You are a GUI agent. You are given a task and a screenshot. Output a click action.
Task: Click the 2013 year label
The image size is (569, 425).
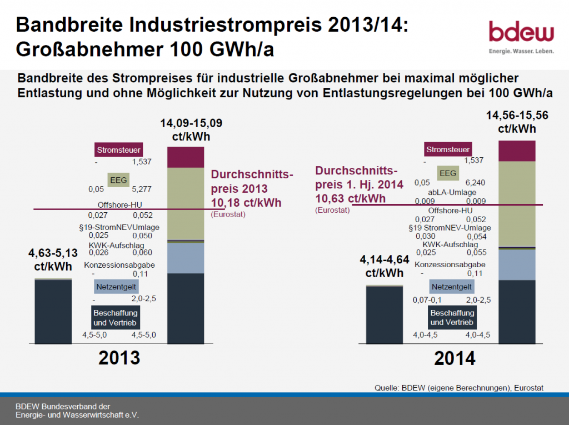tap(119, 357)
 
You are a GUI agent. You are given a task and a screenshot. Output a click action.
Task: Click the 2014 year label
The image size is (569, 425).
tap(455, 358)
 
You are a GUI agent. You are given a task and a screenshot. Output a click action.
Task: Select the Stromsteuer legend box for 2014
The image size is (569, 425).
tap(448, 149)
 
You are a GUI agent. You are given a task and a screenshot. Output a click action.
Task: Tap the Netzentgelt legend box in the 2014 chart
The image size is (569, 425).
tap(451, 287)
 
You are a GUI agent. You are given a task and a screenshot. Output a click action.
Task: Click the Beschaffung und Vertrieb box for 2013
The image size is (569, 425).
tap(116, 317)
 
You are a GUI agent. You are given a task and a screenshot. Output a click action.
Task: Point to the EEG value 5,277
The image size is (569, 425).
tap(142, 189)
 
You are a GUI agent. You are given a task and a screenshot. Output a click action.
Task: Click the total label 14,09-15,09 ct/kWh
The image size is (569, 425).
tap(186, 130)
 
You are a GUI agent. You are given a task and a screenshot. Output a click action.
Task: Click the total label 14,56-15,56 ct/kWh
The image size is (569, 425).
tap(517, 122)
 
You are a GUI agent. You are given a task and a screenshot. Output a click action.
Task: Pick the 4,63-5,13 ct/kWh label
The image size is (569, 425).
tap(53, 258)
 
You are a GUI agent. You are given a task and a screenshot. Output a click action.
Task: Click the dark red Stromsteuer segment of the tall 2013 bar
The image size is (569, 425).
tap(186, 157)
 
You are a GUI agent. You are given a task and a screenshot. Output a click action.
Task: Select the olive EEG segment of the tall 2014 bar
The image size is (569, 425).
tap(517, 203)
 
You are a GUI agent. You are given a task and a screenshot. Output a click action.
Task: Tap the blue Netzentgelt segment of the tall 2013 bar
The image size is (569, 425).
tap(186, 258)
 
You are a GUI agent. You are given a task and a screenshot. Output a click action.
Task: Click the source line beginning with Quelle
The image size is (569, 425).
tap(458, 388)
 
